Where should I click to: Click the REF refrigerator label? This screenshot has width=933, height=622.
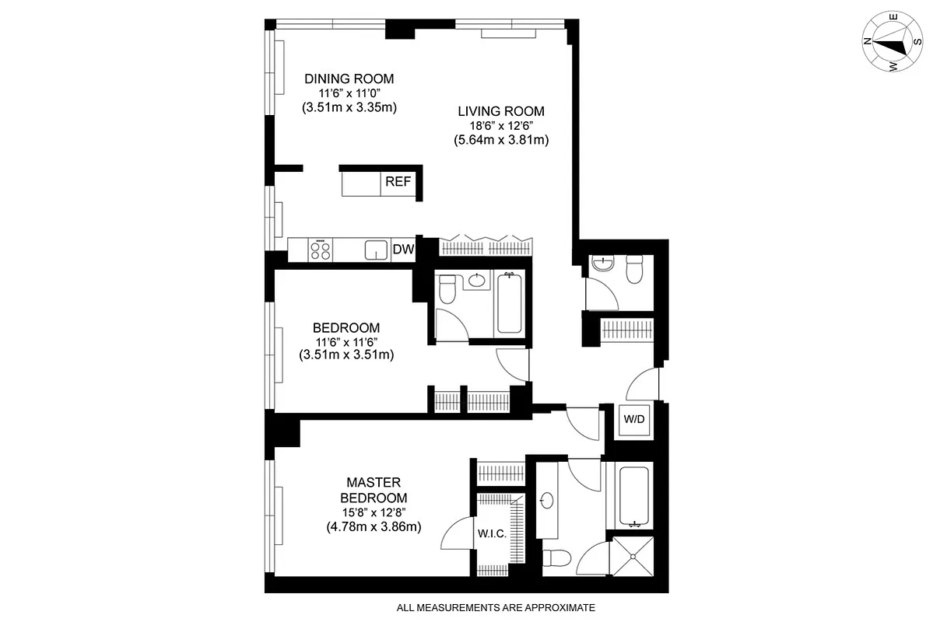398,184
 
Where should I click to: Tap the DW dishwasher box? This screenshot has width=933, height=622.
403,250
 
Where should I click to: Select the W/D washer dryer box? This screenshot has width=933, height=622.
634,419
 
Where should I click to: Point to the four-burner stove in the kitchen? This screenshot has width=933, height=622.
320,250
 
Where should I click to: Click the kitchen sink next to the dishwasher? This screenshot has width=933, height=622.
377,250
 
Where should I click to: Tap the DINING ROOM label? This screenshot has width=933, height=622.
349,79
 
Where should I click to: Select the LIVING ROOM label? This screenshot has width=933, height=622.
501,110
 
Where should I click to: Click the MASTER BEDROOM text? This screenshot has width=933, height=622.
374,490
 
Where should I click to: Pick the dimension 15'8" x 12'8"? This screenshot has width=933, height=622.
374,512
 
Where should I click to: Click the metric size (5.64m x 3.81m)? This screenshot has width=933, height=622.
501,141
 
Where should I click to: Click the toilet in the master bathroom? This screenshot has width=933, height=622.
558,557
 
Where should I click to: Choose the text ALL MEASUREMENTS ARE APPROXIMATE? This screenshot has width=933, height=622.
496,607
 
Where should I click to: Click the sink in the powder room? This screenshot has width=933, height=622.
602,264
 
